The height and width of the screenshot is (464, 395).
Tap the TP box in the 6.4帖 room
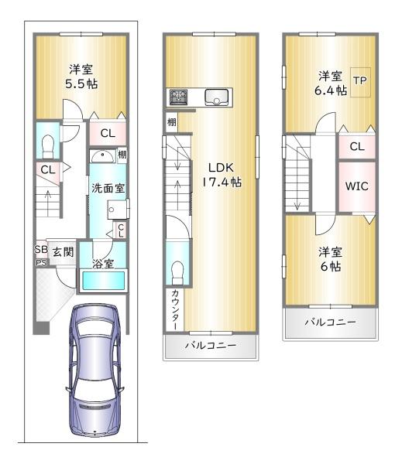click(x=360, y=82)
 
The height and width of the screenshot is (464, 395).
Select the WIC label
click(x=357, y=186)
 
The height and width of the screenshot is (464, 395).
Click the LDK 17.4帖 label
click(x=222, y=175)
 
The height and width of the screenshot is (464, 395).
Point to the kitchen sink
click(x=217, y=97)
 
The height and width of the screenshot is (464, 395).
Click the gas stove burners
click(x=178, y=97)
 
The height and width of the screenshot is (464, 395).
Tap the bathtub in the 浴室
click(x=103, y=281)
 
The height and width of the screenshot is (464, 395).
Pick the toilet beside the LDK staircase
click(x=177, y=272)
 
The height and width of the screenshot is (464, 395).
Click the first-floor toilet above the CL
click(x=48, y=147)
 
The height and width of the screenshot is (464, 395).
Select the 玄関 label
click(x=63, y=252)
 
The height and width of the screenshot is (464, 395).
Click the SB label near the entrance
click(x=41, y=249)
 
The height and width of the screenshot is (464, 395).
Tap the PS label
click(x=41, y=262)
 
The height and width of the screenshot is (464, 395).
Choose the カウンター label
click(x=175, y=309)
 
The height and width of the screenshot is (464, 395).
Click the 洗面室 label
click(x=108, y=188)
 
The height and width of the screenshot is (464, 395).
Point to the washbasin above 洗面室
click(x=103, y=156)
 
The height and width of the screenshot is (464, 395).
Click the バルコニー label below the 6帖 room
click(x=331, y=322)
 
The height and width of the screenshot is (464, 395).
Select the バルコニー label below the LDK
click(x=211, y=345)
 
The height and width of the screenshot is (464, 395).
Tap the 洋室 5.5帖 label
click(x=81, y=77)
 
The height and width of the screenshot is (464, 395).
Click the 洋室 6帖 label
click(x=331, y=260)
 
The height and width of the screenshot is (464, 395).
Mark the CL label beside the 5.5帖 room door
click(x=108, y=134)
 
